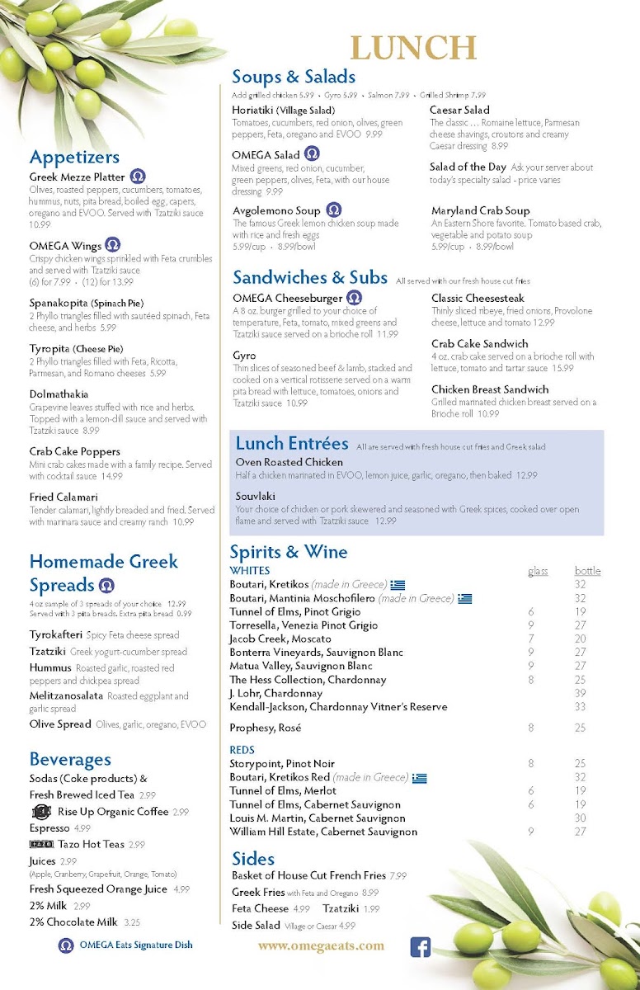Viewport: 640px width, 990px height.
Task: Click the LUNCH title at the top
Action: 413,48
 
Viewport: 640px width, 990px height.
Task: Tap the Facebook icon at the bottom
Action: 421,947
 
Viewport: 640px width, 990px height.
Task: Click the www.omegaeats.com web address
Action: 321,946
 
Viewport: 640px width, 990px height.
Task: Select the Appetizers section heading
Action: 74,157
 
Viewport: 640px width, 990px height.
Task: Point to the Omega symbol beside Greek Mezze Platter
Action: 138,177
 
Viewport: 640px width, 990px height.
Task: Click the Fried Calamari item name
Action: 64,497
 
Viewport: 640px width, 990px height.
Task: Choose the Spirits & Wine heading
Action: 289,552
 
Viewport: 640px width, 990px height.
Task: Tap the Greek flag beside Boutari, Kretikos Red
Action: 420,777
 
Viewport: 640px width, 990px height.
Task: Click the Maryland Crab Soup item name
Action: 480,210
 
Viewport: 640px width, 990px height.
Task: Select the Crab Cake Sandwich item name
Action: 479,344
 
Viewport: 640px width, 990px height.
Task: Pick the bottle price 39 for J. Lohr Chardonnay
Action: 580,694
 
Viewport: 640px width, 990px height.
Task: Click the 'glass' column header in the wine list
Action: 538,571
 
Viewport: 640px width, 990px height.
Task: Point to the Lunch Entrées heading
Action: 292,444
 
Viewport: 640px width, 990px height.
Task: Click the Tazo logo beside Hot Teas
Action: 41,844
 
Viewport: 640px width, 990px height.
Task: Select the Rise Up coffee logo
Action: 41,812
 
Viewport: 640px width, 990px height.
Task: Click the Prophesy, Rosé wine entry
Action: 265,728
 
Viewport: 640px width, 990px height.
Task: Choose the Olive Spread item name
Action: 60,724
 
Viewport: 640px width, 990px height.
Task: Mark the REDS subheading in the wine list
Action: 242,750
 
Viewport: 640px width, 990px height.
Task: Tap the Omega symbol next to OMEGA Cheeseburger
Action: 354,298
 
